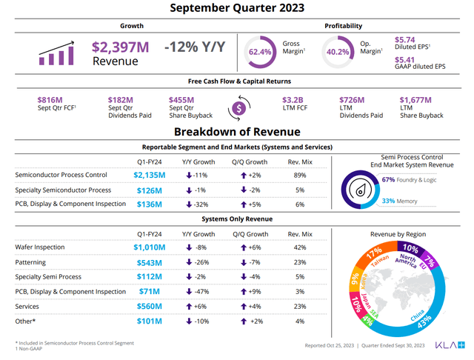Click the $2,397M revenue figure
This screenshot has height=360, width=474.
pos(120,47)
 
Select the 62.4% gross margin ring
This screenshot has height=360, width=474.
pos(260,52)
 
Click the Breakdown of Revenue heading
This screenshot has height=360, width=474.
pos(236,131)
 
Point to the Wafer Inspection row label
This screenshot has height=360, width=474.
pos(40,247)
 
